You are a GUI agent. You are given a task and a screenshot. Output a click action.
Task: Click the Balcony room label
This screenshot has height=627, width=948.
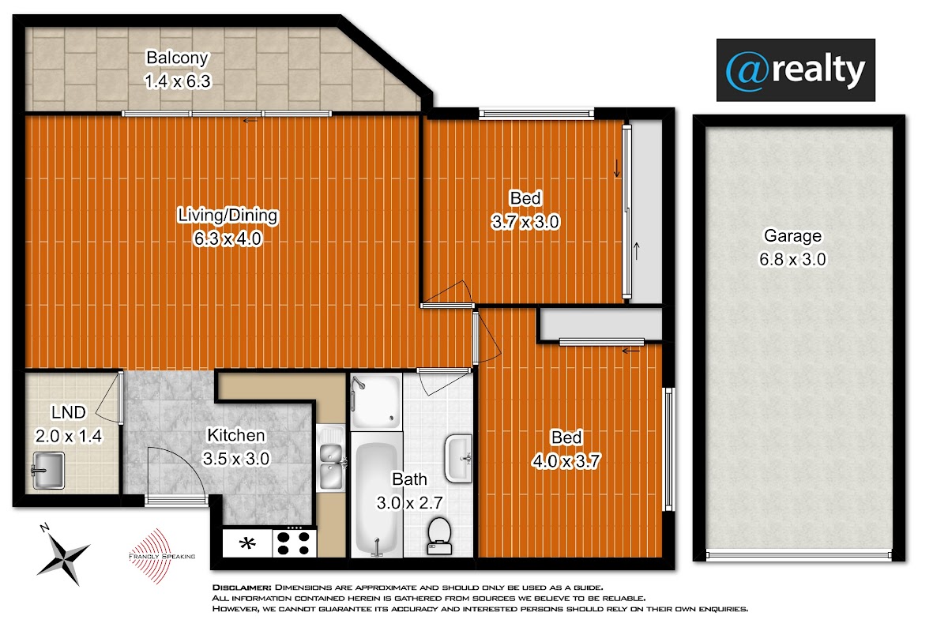point(177,58)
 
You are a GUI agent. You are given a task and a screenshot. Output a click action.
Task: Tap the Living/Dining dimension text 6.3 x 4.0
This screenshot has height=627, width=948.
point(228,238)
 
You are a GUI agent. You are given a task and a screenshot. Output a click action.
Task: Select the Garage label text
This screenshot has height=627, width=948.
point(792,236)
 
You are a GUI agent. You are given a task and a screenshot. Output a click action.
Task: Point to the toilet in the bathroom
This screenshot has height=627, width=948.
point(439,535)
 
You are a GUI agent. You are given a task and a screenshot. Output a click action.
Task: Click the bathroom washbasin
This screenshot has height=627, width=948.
point(458,458)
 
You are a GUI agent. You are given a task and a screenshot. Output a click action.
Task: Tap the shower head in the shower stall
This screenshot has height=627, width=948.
point(359,383)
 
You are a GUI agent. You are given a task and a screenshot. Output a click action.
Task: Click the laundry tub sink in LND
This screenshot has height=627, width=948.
point(48,471)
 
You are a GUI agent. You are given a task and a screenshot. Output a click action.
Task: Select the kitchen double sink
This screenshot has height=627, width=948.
point(330,458)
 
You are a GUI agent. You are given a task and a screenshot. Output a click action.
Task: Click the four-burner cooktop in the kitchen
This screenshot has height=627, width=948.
point(294,543)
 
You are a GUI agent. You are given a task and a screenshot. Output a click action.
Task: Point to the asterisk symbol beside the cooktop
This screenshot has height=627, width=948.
point(247,543)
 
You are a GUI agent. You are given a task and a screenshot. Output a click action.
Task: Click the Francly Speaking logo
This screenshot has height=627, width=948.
point(161,556)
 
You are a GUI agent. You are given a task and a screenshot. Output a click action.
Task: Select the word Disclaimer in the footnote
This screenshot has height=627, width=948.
point(242,588)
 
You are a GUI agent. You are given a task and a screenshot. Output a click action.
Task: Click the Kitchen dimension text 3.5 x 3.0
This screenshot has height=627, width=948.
point(235,459)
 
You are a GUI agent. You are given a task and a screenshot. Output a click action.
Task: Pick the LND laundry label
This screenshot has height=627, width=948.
point(68,412)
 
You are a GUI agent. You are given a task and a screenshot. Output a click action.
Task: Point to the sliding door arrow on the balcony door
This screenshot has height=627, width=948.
point(250,121)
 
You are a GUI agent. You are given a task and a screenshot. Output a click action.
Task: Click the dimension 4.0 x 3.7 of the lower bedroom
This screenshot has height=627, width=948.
point(566,460)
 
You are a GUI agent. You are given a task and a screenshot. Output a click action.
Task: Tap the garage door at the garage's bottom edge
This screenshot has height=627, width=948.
point(799,554)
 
